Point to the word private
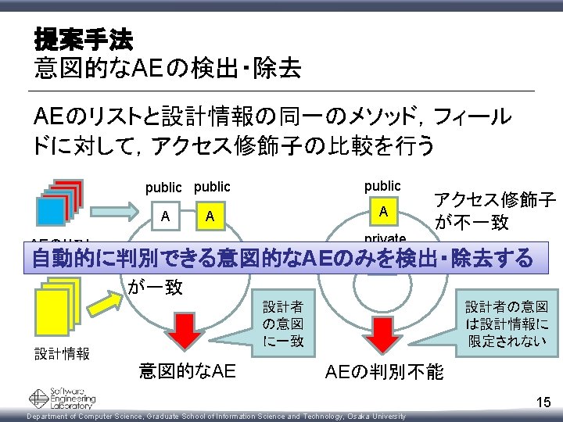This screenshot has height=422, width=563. pos(383,238)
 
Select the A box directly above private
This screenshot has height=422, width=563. pos(383,211)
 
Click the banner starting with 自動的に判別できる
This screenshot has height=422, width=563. pos(281,258)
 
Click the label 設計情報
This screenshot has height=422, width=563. pos(62,353)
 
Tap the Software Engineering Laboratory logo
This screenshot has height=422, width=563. pos(63,399)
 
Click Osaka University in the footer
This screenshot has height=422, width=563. pos(376,417)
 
